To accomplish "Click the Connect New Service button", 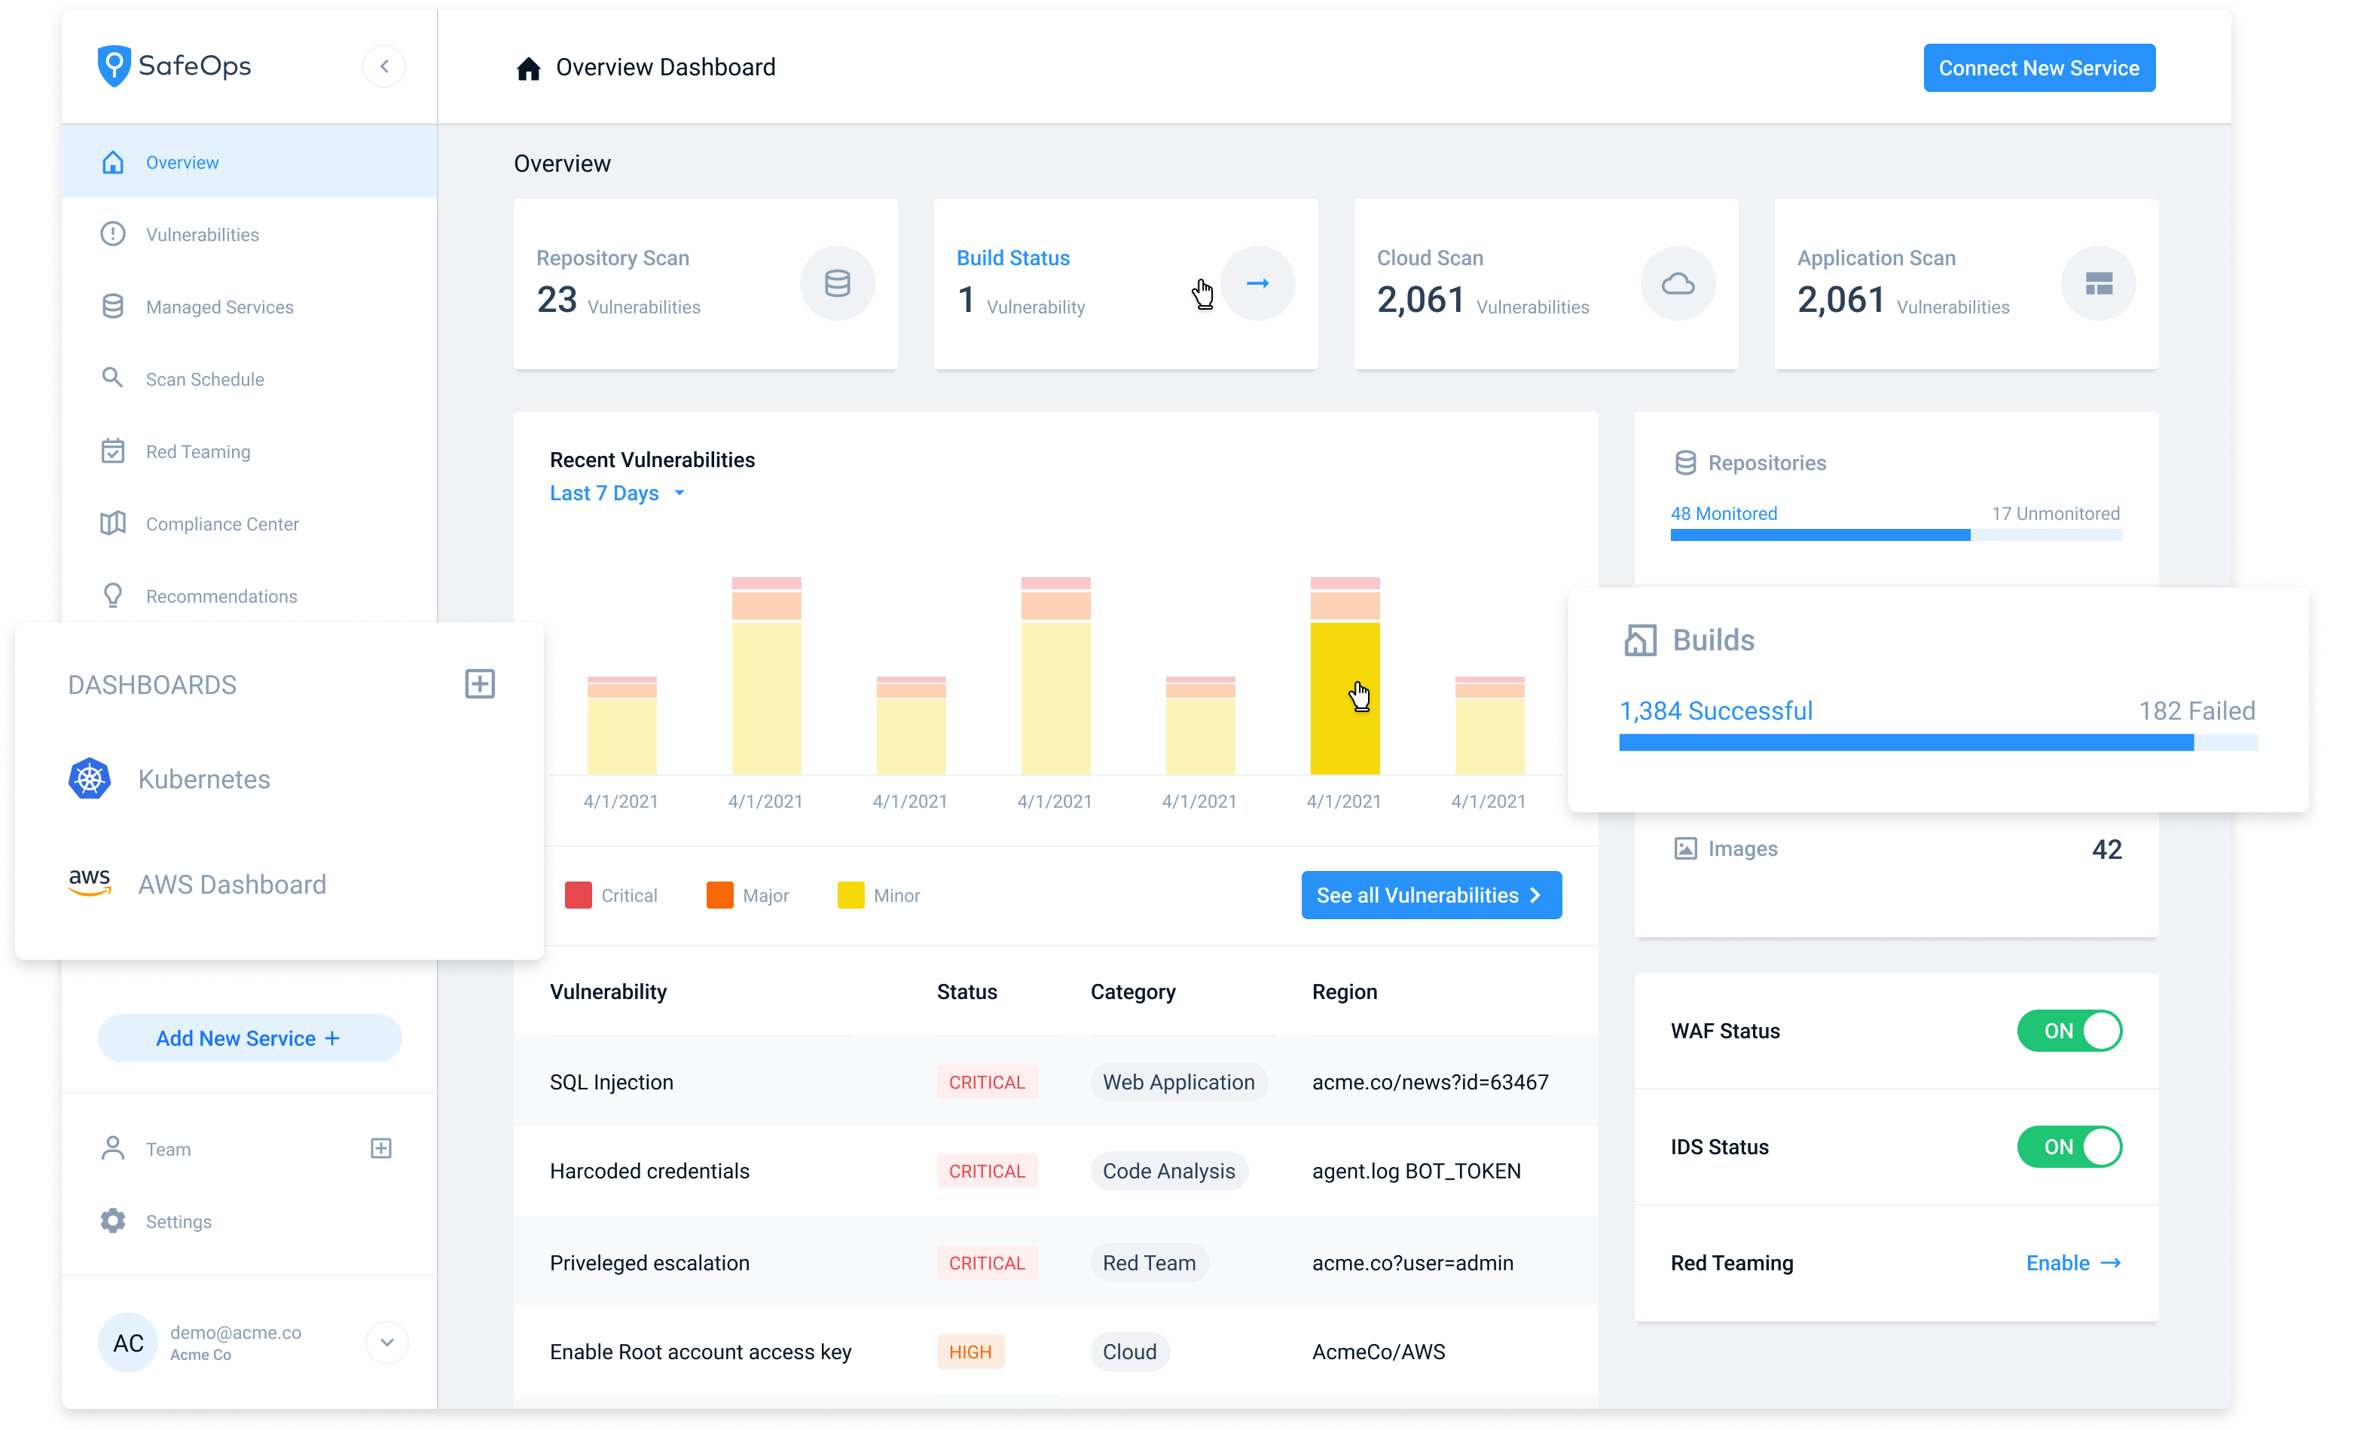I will pyautogui.click(x=2038, y=69).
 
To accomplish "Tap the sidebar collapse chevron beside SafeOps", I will pyautogui.click(x=384, y=66).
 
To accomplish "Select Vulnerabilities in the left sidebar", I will pyautogui.click(x=203, y=235).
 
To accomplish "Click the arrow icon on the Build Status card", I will pyautogui.click(x=1257, y=283).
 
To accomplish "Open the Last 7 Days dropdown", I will pyautogui.click(x=617, y=493).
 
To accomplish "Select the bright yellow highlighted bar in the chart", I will pyautogui.click(x=1344, y=698).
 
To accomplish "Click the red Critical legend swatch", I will pyautogui.click(x=578, y=895).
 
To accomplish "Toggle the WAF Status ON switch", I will pyautogui.click(x=2069, y=1031).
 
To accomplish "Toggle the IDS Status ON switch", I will pyautogui.click(x=2069, y=1147).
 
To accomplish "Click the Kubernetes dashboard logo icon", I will pyautogui.click(x=90, y=778).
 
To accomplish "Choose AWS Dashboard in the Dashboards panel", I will pyautogui.click(x=231, y=885).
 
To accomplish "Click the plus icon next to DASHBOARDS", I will pyautogui.click(x=480, y=684).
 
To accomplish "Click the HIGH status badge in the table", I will pyautogui.click(x=970, y=1352).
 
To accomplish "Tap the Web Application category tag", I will pyautogui.click(x=1177, y=1082).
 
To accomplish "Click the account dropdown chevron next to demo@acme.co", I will pyautogui.click(x=387, y=1343).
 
